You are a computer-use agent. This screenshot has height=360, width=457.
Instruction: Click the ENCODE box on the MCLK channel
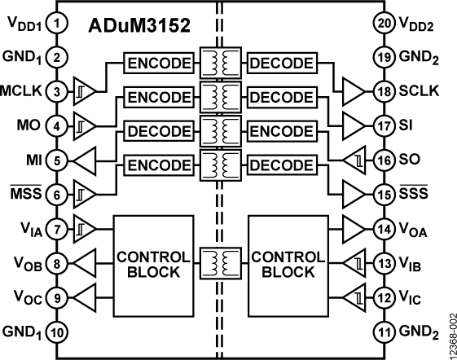coord(160,63)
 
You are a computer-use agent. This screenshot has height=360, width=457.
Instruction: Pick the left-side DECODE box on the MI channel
coord(160,131)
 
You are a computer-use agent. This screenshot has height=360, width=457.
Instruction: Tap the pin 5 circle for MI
coord(56,160)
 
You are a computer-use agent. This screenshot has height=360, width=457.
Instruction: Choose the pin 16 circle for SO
coord(386,160)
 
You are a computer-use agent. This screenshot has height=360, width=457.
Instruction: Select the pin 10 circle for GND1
coord(56,332)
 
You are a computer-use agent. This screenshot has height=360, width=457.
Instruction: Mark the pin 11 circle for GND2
coord(386,332)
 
